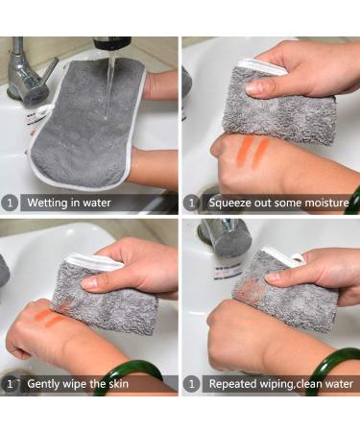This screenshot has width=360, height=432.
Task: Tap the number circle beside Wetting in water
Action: click(x=10, y=203)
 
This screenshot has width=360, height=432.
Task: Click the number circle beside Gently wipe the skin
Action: click(x=10, y=384)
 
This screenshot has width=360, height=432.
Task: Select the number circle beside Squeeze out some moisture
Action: click(x=191, y=203)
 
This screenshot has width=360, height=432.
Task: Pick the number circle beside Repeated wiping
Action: click(x=191, y=384)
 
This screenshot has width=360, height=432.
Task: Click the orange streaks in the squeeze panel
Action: click(x=253, y=152)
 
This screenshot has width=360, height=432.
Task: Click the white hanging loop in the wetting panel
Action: click(x=41, y=110)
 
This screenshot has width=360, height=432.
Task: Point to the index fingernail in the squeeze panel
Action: click(x=253, y=86)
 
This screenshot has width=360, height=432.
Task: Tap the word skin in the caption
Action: click(x=118, y=384)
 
